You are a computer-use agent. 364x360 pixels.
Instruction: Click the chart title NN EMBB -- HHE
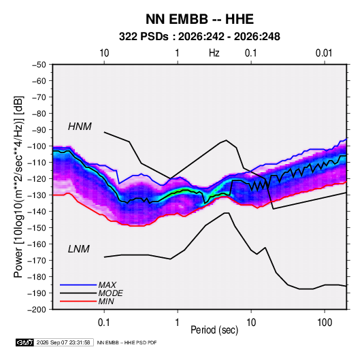pyautogui.click(x=199, y=19)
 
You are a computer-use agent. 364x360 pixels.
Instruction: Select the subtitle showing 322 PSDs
pyautogui.click(x=199, y=37)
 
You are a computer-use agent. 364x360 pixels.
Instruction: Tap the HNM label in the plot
pyautogui.click(x=80, y=127)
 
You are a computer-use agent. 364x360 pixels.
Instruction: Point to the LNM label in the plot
pyautogui.click(x=79, y=249)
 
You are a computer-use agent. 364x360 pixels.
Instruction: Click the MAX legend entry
pyautogui.click(x=107, y=284)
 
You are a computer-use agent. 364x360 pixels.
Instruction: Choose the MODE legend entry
pyautogui.click(x=110, y=293)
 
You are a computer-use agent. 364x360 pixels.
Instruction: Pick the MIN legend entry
pyautogui.click(x=106, y=301)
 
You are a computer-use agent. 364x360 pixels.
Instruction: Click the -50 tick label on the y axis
pyautogui.click(x=39, y=65)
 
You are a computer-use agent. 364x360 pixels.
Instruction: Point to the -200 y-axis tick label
pyautogui.click(x=37, y=310)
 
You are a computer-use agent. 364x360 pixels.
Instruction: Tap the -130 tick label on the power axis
pyautogui.click(x=37, y=195)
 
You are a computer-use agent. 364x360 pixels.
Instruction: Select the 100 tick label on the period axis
pyautogui.click(x=325, y=323)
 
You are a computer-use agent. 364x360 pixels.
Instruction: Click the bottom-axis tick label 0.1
pyautogui.click(x=104, y=323)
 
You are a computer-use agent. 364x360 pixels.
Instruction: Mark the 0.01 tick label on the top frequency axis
pyautogui.click(x=324, y=53)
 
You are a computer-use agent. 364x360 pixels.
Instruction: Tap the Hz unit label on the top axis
pyautogui.click(x=214, y=53)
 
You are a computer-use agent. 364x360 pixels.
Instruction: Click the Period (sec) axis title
pyautogui.click(x=214, y=330)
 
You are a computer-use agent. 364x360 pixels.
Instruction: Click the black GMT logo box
pyautogui.click(x=25, y=342)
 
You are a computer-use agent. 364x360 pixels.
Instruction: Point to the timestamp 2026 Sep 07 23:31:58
pyautogui.click(x=63, y=342)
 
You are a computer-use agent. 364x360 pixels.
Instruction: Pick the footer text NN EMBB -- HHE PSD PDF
pyautogui.click(x=127, y=342)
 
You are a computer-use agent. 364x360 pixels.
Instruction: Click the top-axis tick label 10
pyautogui.click(x=104, y=53)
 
